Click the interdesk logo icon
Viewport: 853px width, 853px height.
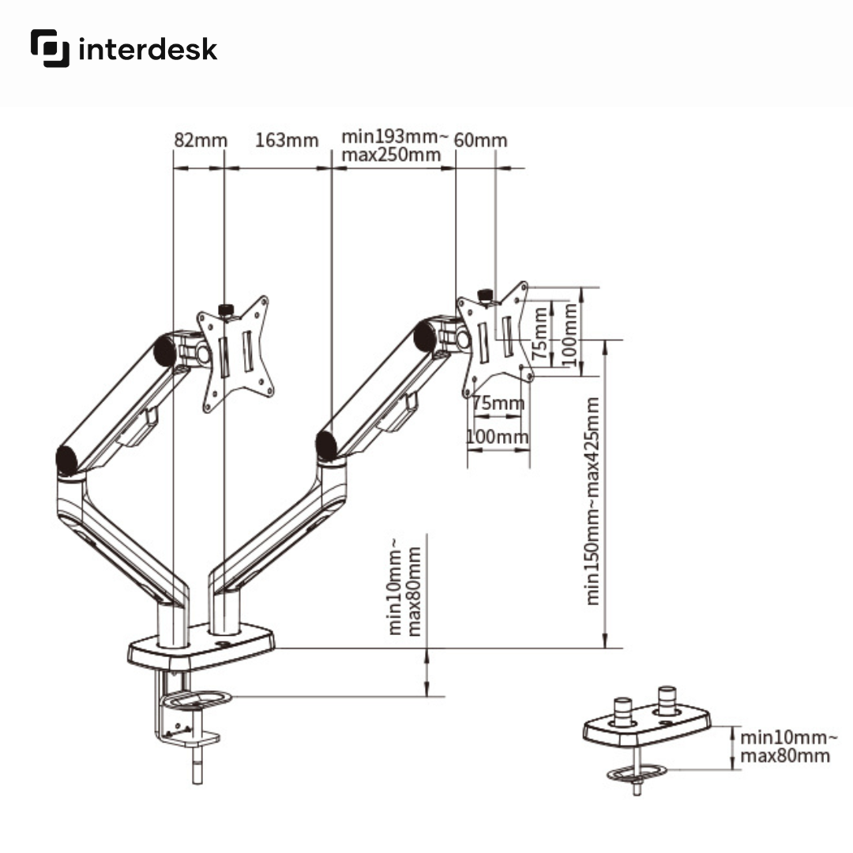tap(51, 48)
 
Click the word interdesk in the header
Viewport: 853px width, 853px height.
tap(148, 50)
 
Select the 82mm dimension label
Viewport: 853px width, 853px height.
tap(200, 141)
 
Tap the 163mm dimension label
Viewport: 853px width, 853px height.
tap(287, 141)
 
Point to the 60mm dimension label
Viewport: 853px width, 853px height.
tap(481, 141)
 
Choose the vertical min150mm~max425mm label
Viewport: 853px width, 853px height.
tap(593, 501)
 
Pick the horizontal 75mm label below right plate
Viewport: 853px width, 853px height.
tap(498, 404)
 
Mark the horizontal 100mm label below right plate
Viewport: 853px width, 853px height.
tap(498, 437)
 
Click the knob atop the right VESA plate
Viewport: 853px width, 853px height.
tap(486, 295)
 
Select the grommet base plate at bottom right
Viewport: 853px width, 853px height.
tap(646, 728)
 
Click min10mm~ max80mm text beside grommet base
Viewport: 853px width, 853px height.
tap(785, 747)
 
